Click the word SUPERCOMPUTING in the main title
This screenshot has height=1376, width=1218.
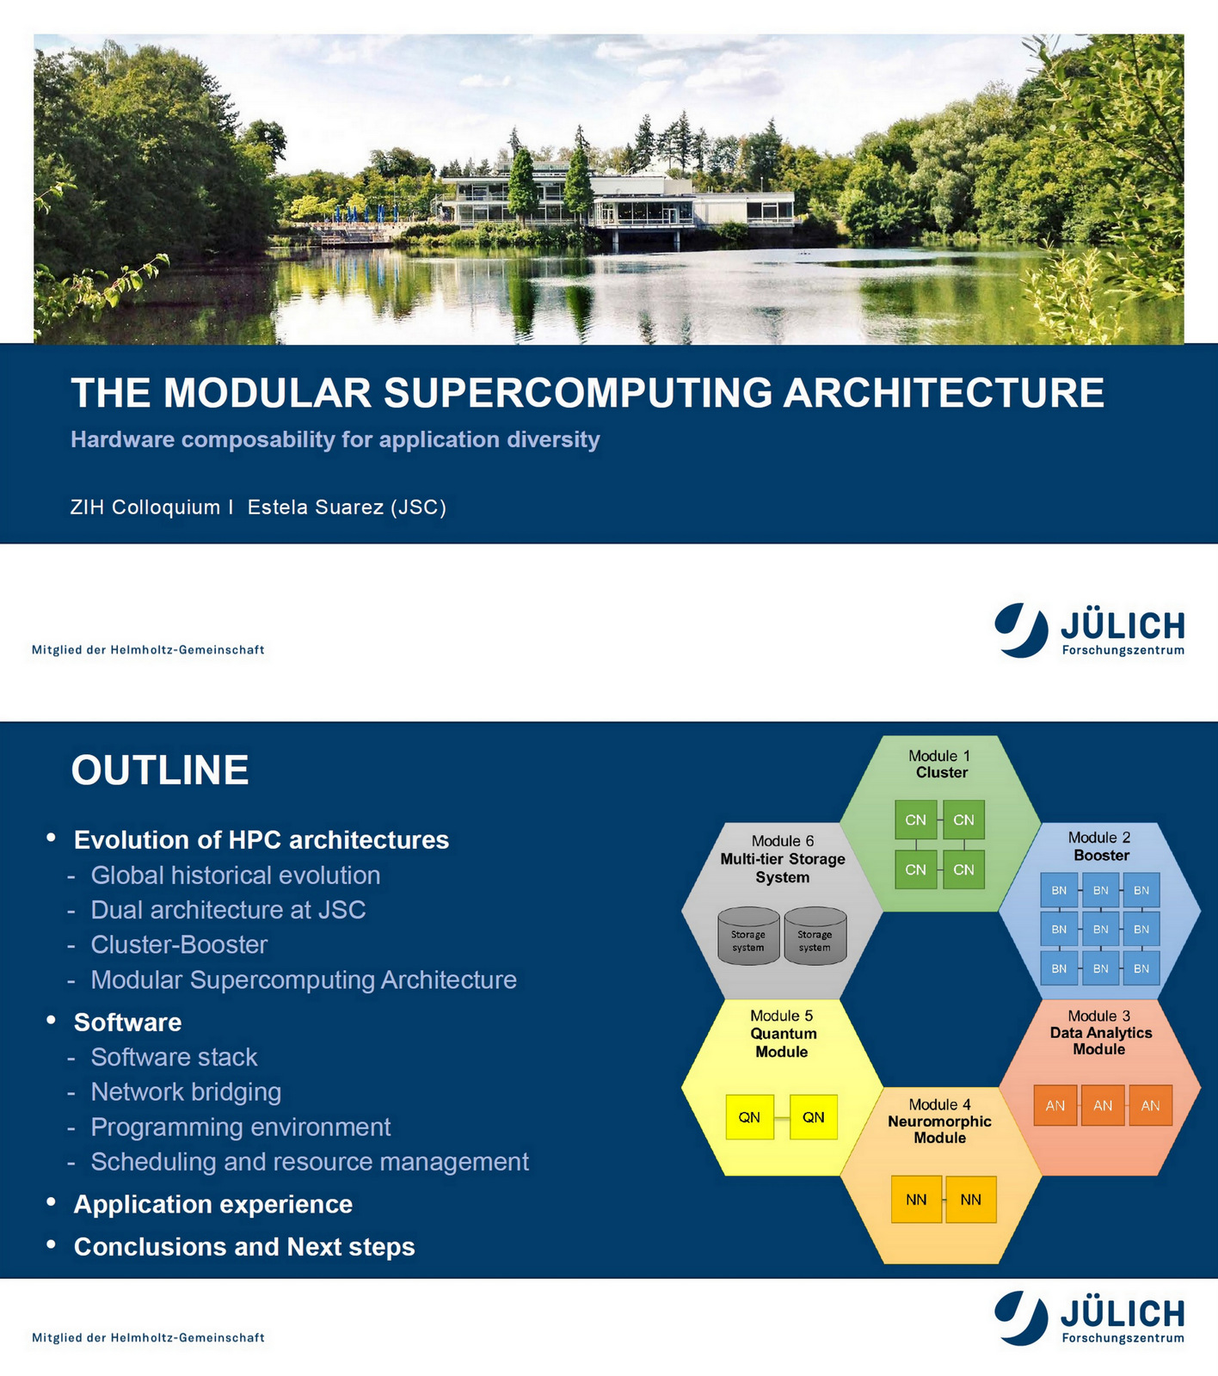click(577, 393)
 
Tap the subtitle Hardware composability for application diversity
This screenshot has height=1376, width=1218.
click(335, 439)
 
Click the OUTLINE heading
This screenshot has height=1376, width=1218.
click(160, 771)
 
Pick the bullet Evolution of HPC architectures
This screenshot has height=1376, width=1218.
click(261, 840)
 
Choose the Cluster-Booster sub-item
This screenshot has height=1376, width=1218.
click(179, 945)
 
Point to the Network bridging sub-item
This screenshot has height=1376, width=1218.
click(186, 1092)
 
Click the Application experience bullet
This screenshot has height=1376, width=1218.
click(213, 1205)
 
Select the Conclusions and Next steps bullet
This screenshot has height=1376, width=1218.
click(244, 1247)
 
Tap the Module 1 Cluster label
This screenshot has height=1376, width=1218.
click(940, 765)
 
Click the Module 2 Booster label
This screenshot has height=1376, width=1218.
click(1100, 846)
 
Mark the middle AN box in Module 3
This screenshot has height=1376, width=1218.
click(1103, 1106)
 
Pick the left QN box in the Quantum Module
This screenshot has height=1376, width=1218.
click(749, 1117)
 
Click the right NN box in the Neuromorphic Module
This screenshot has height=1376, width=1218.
click(970, 1200)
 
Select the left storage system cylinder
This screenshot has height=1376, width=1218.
click(748, 937)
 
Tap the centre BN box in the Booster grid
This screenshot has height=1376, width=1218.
click(1100, 930)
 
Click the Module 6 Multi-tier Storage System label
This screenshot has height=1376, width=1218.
click(783, 859)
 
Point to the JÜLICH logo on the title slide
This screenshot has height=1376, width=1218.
click(1090, 631)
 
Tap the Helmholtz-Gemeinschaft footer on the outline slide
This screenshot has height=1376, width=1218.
click(148, 1338)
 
